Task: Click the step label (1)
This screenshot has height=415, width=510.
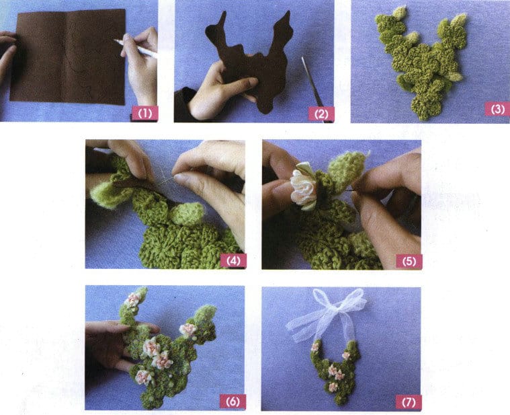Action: point(144,113)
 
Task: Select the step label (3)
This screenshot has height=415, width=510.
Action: point(497,109)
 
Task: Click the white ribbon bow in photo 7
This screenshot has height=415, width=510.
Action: point(327,309)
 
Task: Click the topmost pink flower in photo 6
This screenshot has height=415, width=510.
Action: point(132,299)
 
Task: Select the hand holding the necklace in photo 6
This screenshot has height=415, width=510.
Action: point(108,343)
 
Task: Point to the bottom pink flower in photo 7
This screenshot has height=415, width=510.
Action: point(333,386)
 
